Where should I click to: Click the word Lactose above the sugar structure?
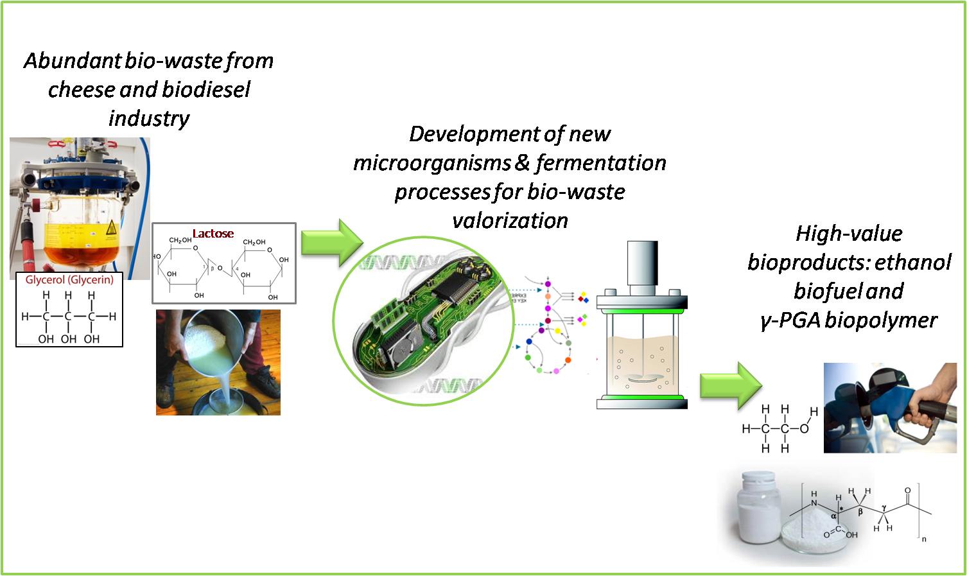(x=213, y=233)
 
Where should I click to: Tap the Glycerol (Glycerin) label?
(x=69, y=280)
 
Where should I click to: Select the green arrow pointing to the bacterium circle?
(x=331, y=243)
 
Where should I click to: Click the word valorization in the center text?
(x=510, y=221)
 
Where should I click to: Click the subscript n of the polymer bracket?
(x=924, y=539)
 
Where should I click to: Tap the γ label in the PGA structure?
(x=884, y=508)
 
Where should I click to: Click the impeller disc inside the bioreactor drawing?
(x=641, y=380)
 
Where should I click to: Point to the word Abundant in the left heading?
(x=73, y=61)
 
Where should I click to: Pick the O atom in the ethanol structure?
(x=803, y=428)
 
